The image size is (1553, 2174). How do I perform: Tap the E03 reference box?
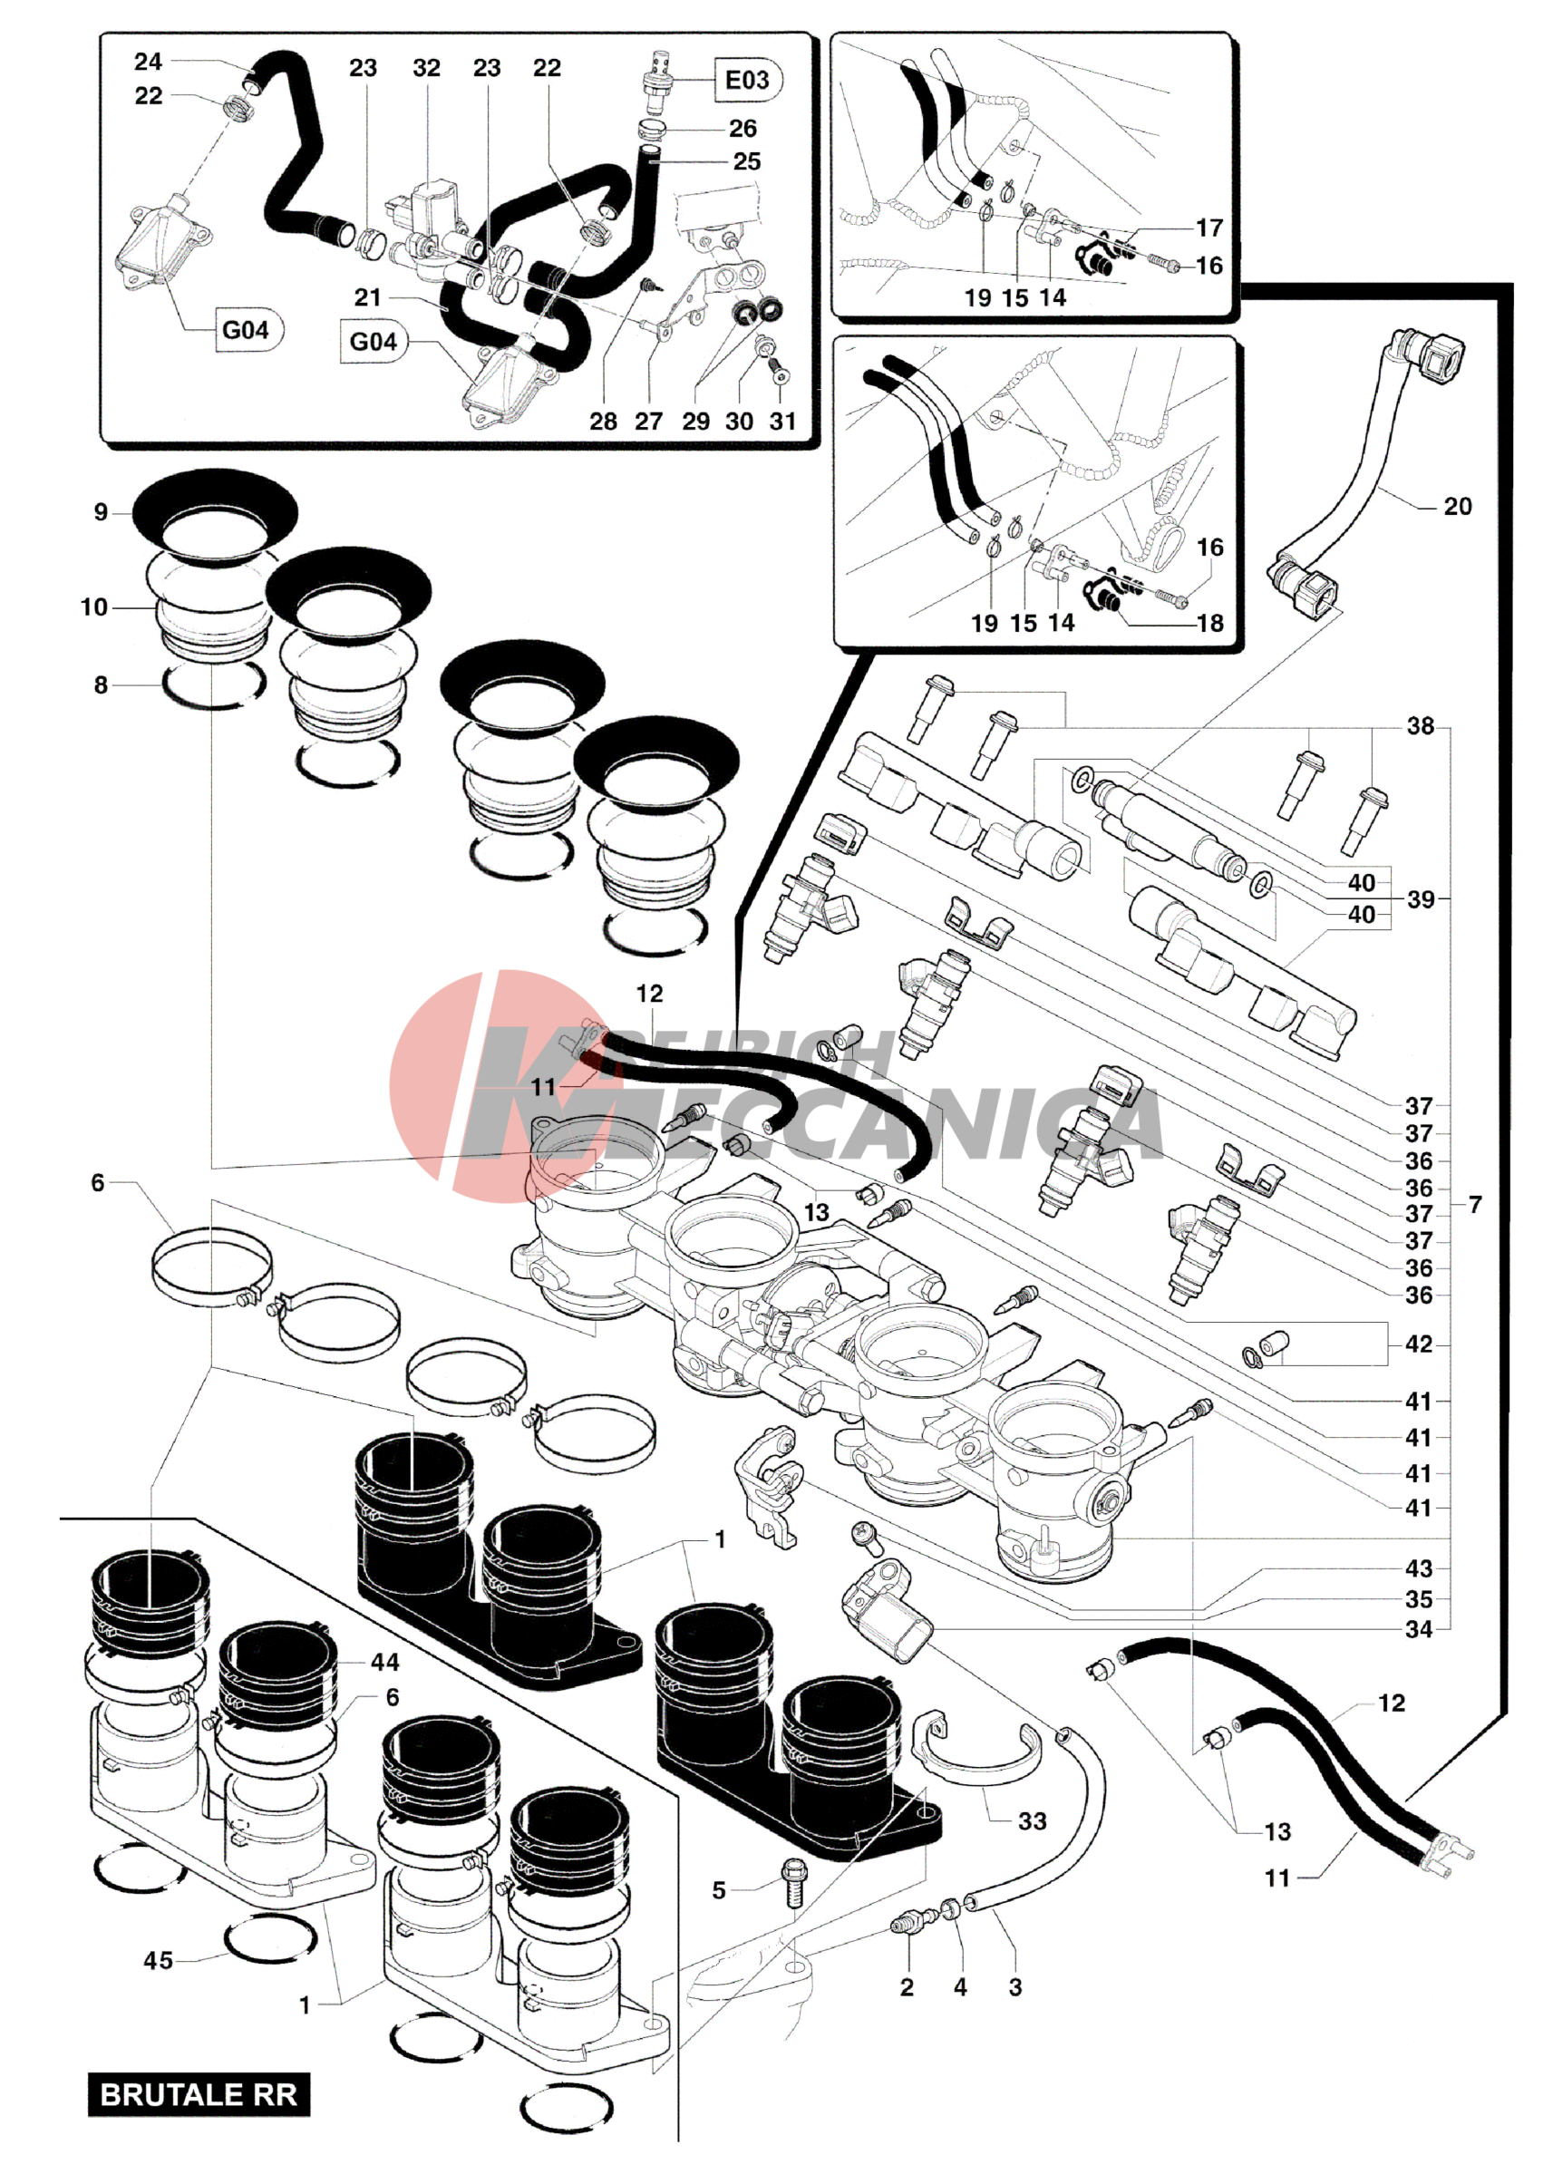point(746,81)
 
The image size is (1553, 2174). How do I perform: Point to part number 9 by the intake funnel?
point(101,512)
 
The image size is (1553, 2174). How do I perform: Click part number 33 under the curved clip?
point(1032,1821)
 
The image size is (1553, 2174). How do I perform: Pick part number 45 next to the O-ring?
point(158,1961)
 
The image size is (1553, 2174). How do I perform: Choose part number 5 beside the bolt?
point(719,1890)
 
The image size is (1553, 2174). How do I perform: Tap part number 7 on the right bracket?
point(1475,1205)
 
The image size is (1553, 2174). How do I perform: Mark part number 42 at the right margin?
point(1418,1344)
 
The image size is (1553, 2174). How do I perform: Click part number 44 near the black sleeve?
point(384,1663)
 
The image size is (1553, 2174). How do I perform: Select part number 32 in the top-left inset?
point(426,68)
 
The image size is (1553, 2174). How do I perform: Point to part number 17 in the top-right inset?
point(1209,228)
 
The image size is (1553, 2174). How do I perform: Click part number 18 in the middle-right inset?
point(1209,624)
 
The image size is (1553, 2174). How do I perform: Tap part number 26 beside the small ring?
point(743,128)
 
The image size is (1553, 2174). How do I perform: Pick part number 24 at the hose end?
point(147,63)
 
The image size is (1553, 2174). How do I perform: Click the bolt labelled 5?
point(792,1882)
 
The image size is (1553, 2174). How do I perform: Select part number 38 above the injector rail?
point(1420,726)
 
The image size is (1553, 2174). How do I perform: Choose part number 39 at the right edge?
point(1421,899)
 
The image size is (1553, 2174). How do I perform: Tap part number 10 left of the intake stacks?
point(93,607)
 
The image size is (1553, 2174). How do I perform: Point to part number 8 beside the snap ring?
point(101,684)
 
